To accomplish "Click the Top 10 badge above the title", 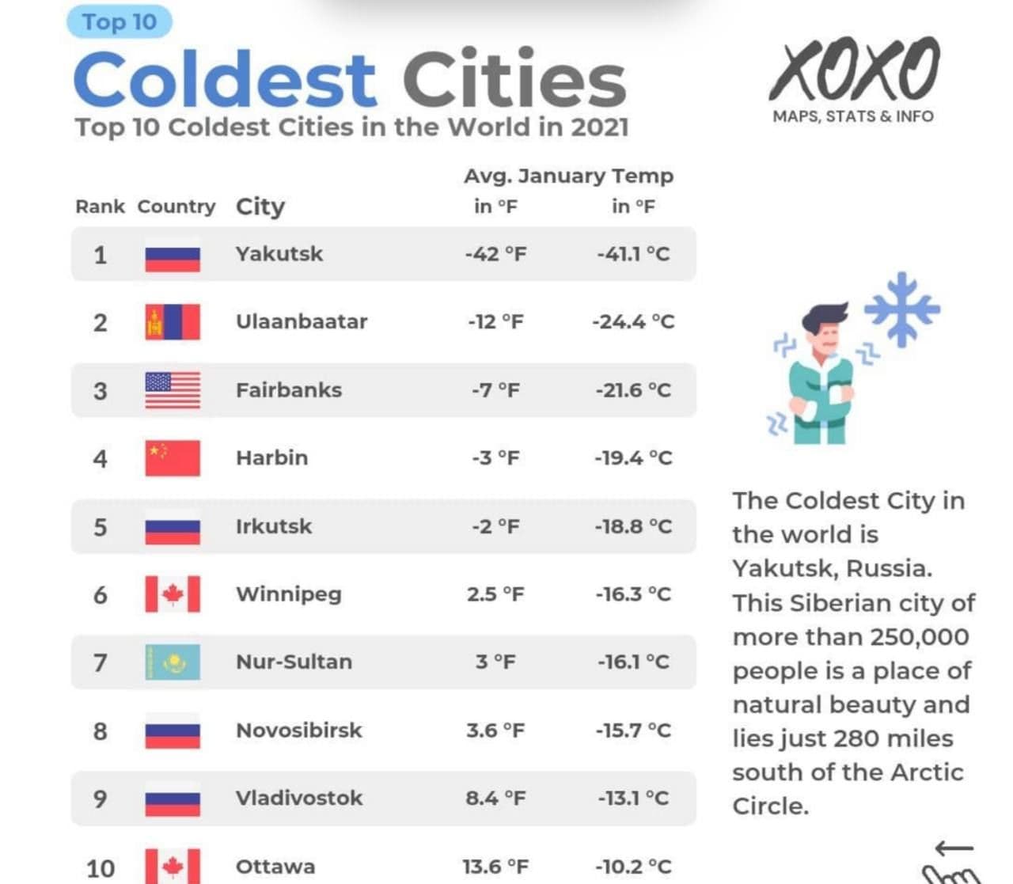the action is (x=120, y=22).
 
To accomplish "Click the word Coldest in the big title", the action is (x=225, y=80).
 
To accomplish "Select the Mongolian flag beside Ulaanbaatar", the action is (x=173, y=322).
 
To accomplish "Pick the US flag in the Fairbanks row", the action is (x=173, y=390).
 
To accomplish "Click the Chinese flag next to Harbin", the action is (x=173, y=458).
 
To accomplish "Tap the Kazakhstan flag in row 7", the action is (x=173, y=662).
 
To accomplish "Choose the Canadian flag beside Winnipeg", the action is (x=173, y=594).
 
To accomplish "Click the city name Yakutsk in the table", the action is (x=279, y=254).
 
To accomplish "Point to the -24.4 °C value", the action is (x=634, y=322).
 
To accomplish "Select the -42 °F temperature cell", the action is (x=495, y=254).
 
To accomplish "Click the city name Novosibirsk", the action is (x=299, y=730).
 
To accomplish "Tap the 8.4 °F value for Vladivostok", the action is (x=495, y=799).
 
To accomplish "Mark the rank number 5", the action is (x=101, y=527).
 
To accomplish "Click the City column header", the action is (x=260, y=207).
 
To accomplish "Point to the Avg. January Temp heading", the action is (x=569, y=176).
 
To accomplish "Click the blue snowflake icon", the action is (x=902, y=309).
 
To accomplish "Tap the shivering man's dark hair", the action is (x=825, y=317).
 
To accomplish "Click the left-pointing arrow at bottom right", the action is (x=954, y=849).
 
